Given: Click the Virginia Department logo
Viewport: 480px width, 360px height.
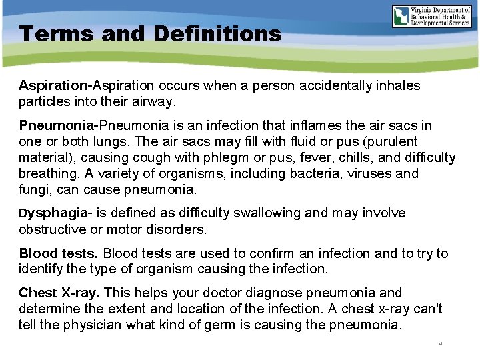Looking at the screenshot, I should pos(431,16).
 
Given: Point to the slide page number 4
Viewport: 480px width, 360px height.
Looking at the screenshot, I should pos(441,344).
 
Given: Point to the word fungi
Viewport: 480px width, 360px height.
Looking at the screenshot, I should pos(34,190).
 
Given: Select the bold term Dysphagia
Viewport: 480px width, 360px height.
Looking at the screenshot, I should pos(53,213).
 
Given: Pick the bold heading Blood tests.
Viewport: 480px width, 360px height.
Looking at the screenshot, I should pos(59,253).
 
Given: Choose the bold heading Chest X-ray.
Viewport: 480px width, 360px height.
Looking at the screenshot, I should pos(59,293).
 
